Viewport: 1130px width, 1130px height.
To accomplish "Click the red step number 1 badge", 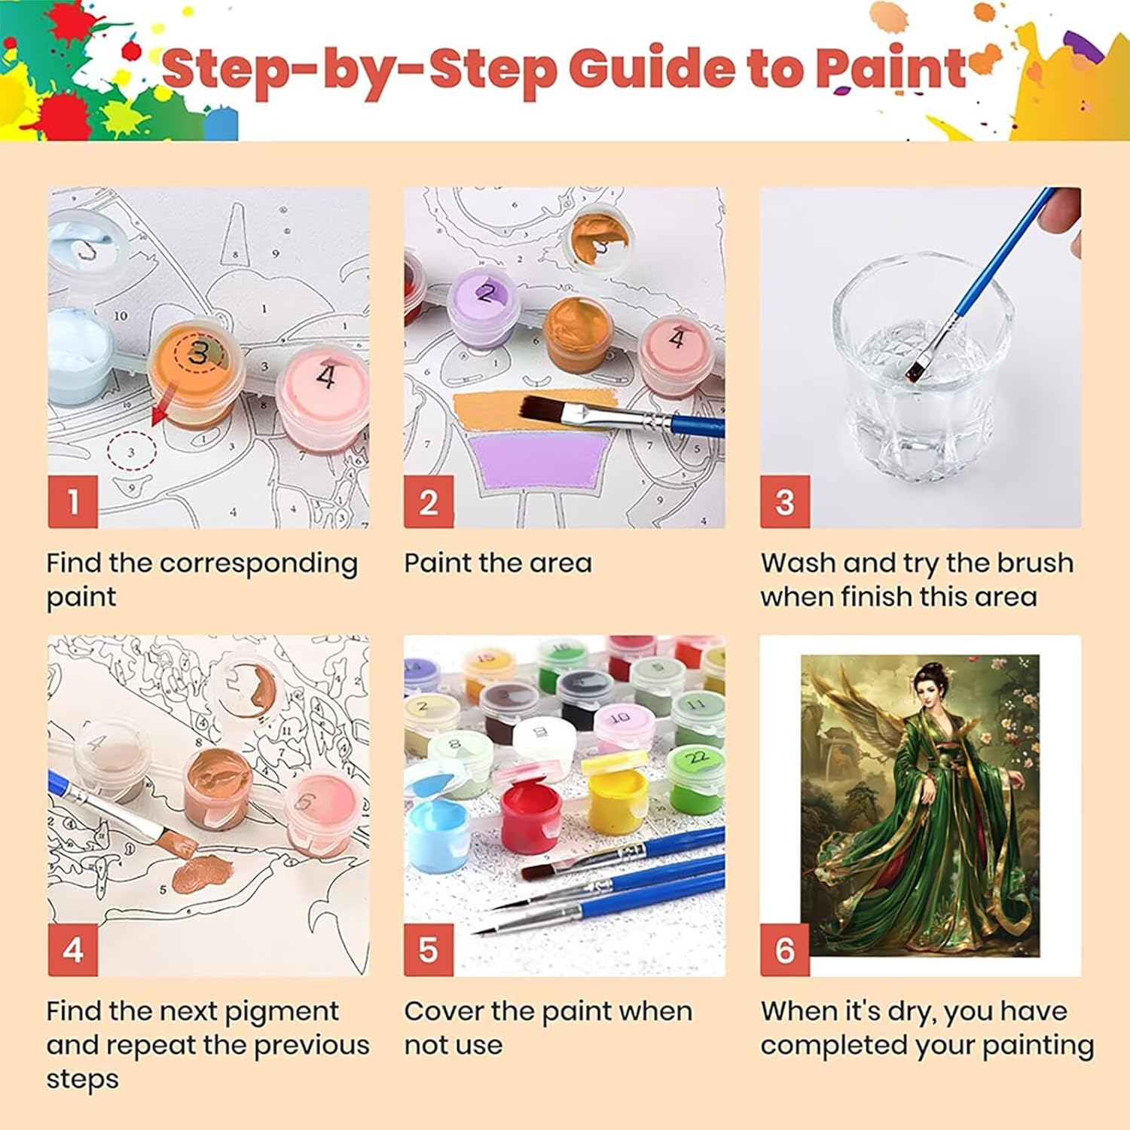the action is pyautogui.click(x=73, y=502).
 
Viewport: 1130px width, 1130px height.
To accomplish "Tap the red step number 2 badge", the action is pyautogui.click(x=429, y=502).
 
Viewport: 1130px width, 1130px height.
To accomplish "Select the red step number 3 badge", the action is pyautogui.click(x=785, y=502).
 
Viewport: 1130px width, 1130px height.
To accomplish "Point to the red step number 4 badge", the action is pyautogui.click(x=73, y=950).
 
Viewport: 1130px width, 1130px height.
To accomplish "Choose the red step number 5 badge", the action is pyautogui.click(x=429, y=950).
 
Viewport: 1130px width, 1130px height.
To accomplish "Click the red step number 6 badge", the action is pyautogui.click(x=785, y=950).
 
